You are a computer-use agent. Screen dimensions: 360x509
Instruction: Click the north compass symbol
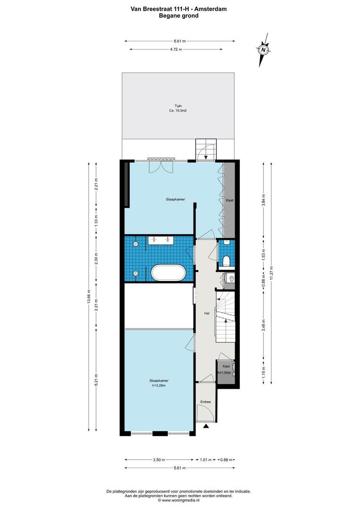[263, 50]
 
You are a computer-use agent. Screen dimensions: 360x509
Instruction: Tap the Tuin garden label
[178, 106]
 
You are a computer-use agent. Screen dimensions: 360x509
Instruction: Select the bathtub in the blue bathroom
[169, 273]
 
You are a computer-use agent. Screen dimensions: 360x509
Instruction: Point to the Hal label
[206, 313]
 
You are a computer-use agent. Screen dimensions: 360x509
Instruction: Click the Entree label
[205, 402]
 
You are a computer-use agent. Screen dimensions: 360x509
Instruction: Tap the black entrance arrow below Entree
[206, 426]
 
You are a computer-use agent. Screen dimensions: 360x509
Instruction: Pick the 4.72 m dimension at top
[176, 49]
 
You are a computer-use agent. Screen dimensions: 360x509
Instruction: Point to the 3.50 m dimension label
[159, 460]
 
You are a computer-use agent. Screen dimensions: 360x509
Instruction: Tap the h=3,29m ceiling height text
[159, 386]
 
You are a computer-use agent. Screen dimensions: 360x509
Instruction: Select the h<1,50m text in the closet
[224, 373]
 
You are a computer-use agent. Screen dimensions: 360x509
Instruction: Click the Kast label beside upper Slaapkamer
[229, 200]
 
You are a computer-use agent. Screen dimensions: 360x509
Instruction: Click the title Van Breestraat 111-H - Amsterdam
[179, 9]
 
